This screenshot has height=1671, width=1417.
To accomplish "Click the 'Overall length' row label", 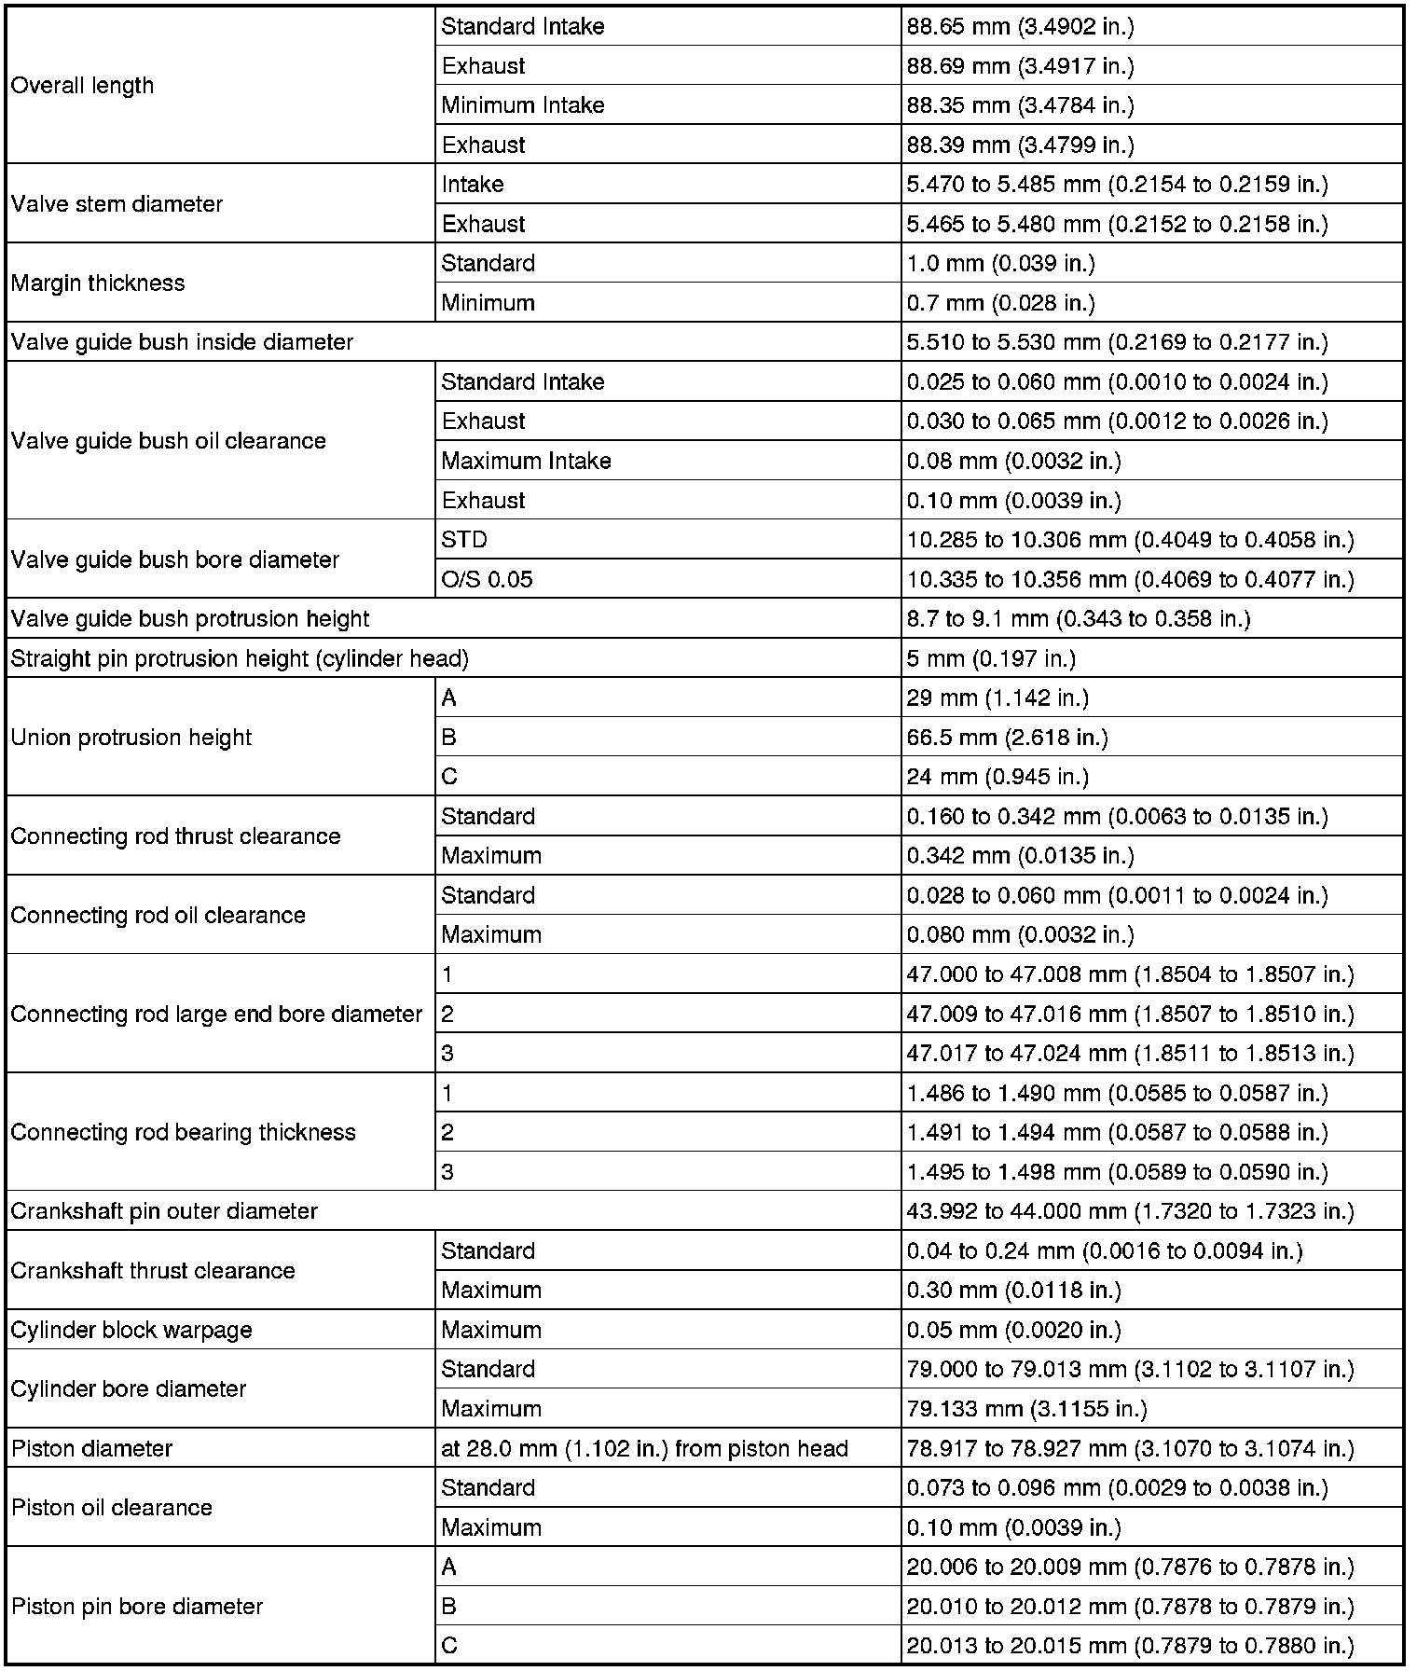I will click(82, 86).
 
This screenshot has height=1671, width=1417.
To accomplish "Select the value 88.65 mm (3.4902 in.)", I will click(1020, 27).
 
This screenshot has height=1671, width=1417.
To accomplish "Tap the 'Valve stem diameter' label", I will click(117, 204).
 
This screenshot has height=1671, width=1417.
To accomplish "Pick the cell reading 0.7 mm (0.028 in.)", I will click(1000, 303).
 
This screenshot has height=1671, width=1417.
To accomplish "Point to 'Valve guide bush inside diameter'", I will click(182, 342).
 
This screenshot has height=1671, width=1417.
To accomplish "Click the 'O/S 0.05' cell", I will click(487, 580).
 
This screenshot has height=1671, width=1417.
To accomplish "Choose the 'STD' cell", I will click(464, 540).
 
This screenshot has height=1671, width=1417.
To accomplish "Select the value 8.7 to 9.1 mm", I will click(1078, 619).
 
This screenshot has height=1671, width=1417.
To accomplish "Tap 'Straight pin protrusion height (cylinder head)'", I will click(240, 659).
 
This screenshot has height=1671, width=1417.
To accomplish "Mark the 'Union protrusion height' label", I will click(131, 738).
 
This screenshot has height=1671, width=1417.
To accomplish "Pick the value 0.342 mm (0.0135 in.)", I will click(1020, 856).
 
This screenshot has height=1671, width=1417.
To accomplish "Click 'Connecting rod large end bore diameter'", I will click(216, 1014).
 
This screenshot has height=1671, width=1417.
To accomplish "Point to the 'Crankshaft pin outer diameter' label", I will click(164, 1211).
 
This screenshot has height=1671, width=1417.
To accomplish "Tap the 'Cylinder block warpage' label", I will click(131, 1330).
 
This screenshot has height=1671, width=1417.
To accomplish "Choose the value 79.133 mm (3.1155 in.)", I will click(1026, 1409).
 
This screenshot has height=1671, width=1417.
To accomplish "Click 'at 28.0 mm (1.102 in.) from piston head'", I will click(644, 1449).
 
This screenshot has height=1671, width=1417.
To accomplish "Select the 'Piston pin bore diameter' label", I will click(137, 1607).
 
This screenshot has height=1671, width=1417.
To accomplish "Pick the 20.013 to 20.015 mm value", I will click(1130, 1646).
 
